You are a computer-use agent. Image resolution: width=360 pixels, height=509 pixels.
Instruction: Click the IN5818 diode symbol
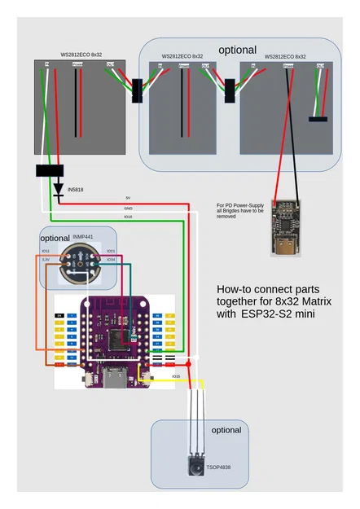58,190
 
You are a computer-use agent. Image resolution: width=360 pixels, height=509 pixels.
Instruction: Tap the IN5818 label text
76,190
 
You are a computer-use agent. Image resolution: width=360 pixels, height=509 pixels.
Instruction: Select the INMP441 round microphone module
77,261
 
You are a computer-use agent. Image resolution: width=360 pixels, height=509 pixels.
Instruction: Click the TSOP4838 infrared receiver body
195,466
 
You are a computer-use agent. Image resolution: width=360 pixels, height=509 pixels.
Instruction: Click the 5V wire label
128,198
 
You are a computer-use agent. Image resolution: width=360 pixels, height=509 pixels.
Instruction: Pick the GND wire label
128,208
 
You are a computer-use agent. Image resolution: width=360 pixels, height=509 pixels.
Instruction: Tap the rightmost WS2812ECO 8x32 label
286,57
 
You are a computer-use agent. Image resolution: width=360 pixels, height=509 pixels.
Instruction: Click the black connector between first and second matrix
137,90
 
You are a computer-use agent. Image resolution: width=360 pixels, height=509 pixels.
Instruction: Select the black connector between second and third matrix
230,90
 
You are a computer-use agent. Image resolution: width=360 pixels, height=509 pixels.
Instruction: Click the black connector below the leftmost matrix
50,171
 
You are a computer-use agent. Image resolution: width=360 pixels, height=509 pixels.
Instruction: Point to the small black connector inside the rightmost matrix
318,120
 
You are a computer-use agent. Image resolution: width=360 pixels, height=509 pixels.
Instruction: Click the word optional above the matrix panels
237,50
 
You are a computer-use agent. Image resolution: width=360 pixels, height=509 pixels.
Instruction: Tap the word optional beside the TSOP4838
226,429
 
